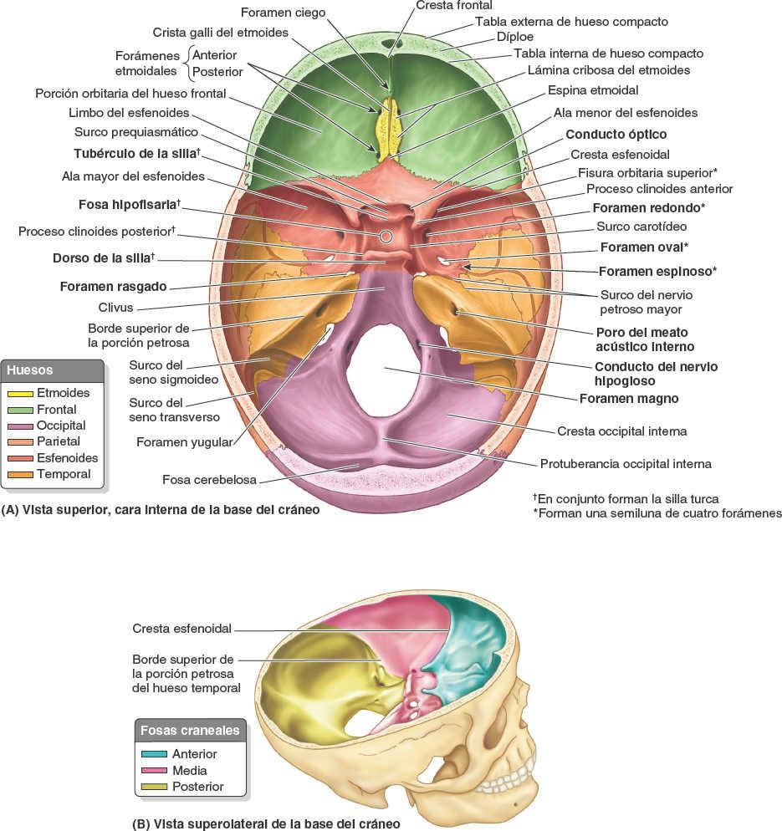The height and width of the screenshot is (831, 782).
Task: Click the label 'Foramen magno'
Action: (628, 399)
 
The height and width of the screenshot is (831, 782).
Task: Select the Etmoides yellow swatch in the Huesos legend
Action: (20, 393)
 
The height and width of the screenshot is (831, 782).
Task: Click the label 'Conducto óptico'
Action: (616, 134)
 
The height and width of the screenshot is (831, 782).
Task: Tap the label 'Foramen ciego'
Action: (283, 13)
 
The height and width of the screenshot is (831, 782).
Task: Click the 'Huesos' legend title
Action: (29, 370)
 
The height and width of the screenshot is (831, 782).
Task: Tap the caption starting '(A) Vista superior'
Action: (161, 508)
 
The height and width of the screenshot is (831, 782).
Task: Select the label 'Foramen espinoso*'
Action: (657, 272)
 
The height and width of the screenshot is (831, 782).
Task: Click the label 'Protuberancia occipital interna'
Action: (626, 463)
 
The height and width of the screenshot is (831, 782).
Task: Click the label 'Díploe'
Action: (514, 37)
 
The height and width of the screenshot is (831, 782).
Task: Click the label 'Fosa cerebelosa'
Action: (209, 480)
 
